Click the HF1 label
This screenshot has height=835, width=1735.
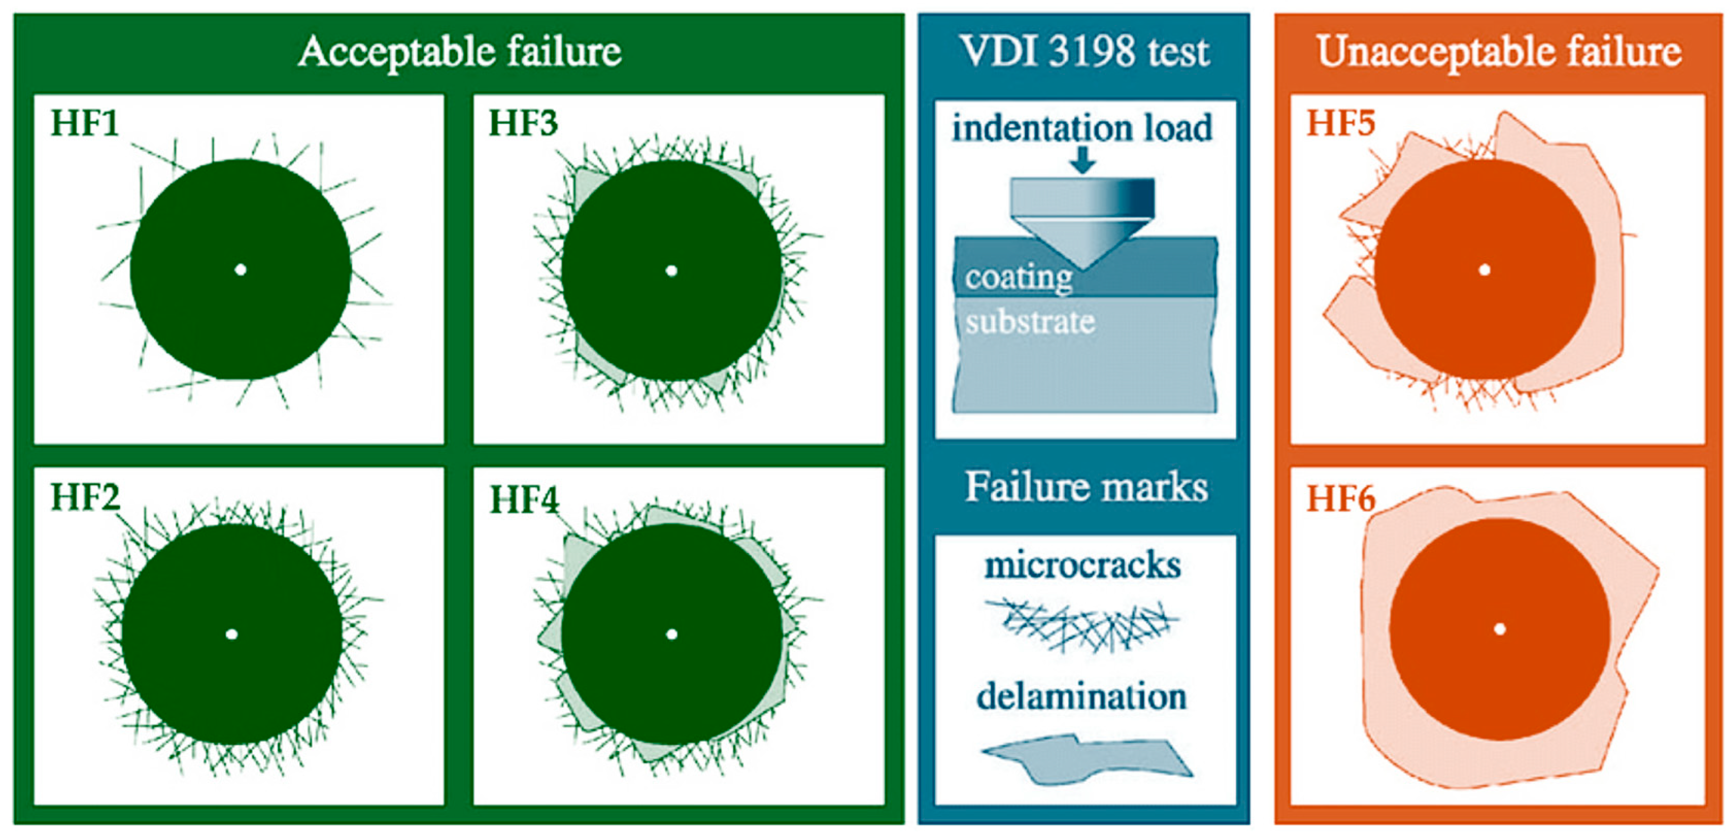(x=85, y=123)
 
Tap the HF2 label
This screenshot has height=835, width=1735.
(x=85, y=497)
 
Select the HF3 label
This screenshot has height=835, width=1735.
(x=523, y=123)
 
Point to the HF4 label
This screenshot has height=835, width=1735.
(x=524, y=500)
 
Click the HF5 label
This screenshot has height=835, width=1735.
(x=1340, y=123)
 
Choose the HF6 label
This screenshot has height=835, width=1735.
(x=1340, y=499)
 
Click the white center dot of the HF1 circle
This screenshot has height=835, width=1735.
(x=241, y=270)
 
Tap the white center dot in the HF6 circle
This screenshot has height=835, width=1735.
(x=1499, y=629)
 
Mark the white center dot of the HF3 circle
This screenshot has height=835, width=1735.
(x=671, y=270)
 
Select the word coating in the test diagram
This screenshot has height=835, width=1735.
(x=1018, y=277)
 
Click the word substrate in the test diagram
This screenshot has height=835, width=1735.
(x=1030, y=322)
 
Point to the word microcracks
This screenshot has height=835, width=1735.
(x=1082, y=565)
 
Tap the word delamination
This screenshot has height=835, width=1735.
(x=1082, y=696)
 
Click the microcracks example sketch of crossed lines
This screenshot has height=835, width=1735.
(x=1082, y=623)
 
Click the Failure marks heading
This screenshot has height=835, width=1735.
(x=1086, y=487)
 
